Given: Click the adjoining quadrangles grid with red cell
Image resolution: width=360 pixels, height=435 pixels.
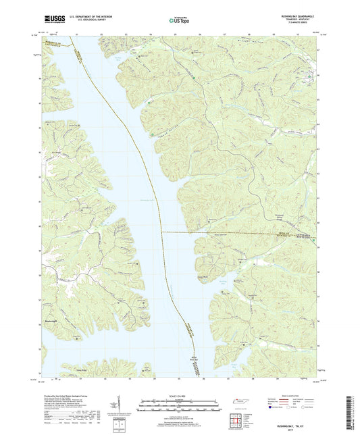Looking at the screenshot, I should [x=236, y=420].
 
